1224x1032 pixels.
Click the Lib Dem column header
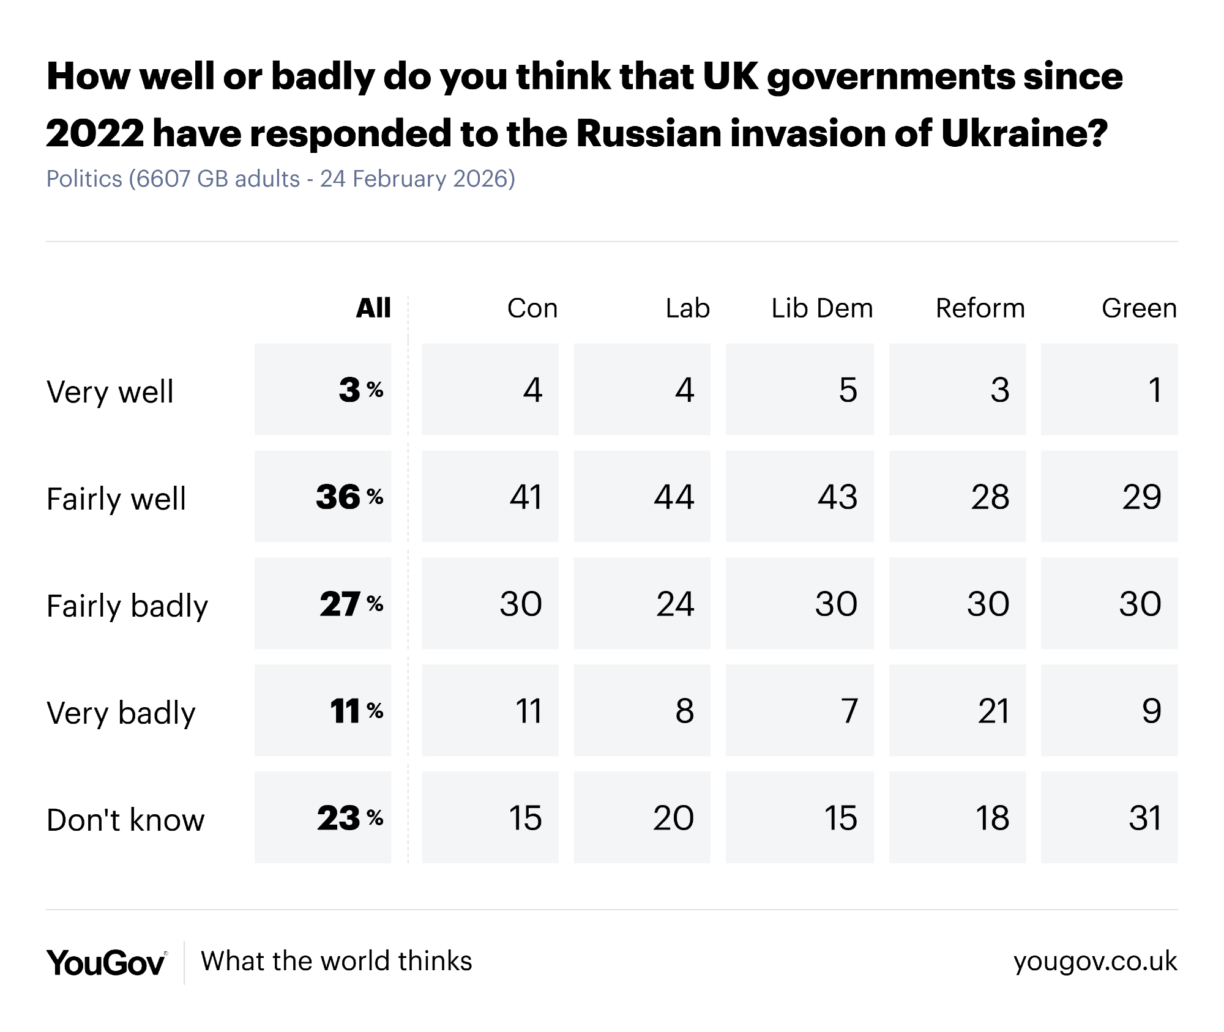click(822, 308)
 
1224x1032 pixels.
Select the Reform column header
click(980, 308)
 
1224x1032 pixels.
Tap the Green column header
click(1139, 308)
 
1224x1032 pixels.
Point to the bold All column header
click(373, 308)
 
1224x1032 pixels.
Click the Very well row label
click(110, 392)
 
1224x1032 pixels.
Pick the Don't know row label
click(125, 820)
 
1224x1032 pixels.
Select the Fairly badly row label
click(127, 606)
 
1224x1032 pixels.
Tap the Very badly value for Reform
click(993, 711)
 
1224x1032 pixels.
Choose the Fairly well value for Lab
click(674, 497)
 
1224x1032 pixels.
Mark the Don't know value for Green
click(1144, 818)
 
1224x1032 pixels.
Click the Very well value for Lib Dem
click(848, 390)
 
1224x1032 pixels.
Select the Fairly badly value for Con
click(521, 604)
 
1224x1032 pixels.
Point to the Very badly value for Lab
click(684, 711)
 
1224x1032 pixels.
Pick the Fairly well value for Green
click(1141, 497)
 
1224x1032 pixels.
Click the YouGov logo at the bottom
click(106, 962)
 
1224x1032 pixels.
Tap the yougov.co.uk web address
click(1095, 961)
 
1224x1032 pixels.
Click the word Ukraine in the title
click(1024, 133)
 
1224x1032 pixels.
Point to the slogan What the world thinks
click(337, 961)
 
